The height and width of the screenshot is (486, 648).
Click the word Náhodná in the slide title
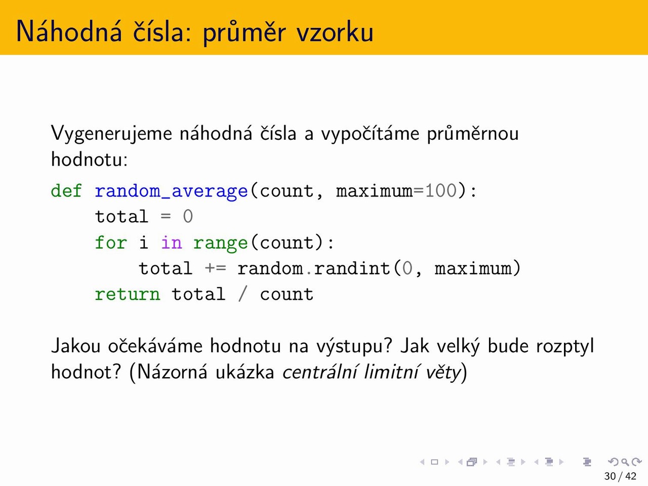tap(69, 31)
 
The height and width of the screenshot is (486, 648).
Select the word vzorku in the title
tap(335, 32)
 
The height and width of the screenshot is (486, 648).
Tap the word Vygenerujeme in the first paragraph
tap(111, 134)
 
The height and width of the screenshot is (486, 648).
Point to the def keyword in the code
tap(66, 191)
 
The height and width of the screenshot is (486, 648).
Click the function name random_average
tap(171, 191)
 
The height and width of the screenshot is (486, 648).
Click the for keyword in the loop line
tap(111, 242)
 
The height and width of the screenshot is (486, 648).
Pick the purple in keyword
tap(172, 242)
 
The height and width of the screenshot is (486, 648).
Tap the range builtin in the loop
tap(220, 244)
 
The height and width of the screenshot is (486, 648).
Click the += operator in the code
tap(216, 268)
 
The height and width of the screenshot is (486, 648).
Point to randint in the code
tap(352, 268)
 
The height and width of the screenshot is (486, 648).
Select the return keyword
tap(127, 295)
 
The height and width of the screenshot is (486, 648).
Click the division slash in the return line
tap(242, 295)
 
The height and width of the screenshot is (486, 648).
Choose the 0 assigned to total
tap(188, 217)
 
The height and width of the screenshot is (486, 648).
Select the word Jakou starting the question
tap(76, 346)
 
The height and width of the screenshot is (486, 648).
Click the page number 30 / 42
tap(620, 476)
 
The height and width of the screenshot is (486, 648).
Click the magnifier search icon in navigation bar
tap(625, 462)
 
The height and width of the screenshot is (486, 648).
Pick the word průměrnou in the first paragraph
tap(473, 134)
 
